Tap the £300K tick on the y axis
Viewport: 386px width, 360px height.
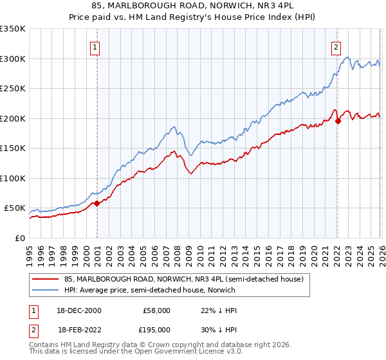[13, 59]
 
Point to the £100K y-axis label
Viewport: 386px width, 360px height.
[13, 178]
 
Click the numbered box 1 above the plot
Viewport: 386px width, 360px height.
[95, 46]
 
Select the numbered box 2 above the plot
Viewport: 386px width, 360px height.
[336, 46]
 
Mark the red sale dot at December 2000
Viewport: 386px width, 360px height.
[96, 203]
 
